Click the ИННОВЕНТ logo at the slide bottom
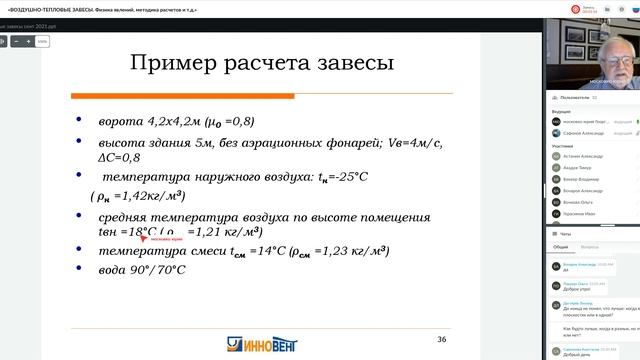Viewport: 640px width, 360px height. (265, 346)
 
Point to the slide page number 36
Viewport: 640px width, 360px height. (441, 340)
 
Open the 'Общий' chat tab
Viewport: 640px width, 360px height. (561, 245)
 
